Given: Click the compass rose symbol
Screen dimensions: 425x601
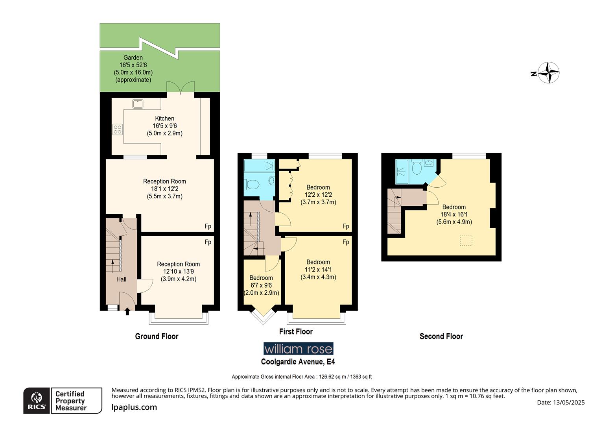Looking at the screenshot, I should coord(548,73).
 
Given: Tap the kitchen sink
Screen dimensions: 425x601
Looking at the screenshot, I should coord(138,104).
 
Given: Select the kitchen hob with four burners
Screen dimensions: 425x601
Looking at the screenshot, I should coord(118,129).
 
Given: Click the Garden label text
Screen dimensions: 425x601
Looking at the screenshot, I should coord(133,58).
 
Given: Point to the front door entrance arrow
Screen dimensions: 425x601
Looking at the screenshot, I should coord(127,312).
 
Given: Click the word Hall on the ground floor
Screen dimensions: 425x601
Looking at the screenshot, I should coord(121,279).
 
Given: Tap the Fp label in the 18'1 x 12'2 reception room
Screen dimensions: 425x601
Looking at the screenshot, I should coord(208,226).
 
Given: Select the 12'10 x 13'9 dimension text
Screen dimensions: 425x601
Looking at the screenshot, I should coord(178,272).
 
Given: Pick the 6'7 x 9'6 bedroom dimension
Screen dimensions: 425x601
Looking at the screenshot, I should coord(261,285).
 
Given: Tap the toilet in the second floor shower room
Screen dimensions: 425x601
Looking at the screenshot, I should coord(417,168).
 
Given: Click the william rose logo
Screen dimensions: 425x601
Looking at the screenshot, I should coord(298,349).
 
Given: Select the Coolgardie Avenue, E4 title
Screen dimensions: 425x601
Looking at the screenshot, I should coord(298,362).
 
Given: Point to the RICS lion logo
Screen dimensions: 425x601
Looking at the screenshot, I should coord(37,401).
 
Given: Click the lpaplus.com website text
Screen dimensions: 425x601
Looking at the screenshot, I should coord(134,408).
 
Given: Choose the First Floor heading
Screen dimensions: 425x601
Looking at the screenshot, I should coord(296,332).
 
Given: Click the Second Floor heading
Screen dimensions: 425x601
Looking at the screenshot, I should coord(441,336).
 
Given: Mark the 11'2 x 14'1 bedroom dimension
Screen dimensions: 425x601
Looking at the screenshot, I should coord(318,270).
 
